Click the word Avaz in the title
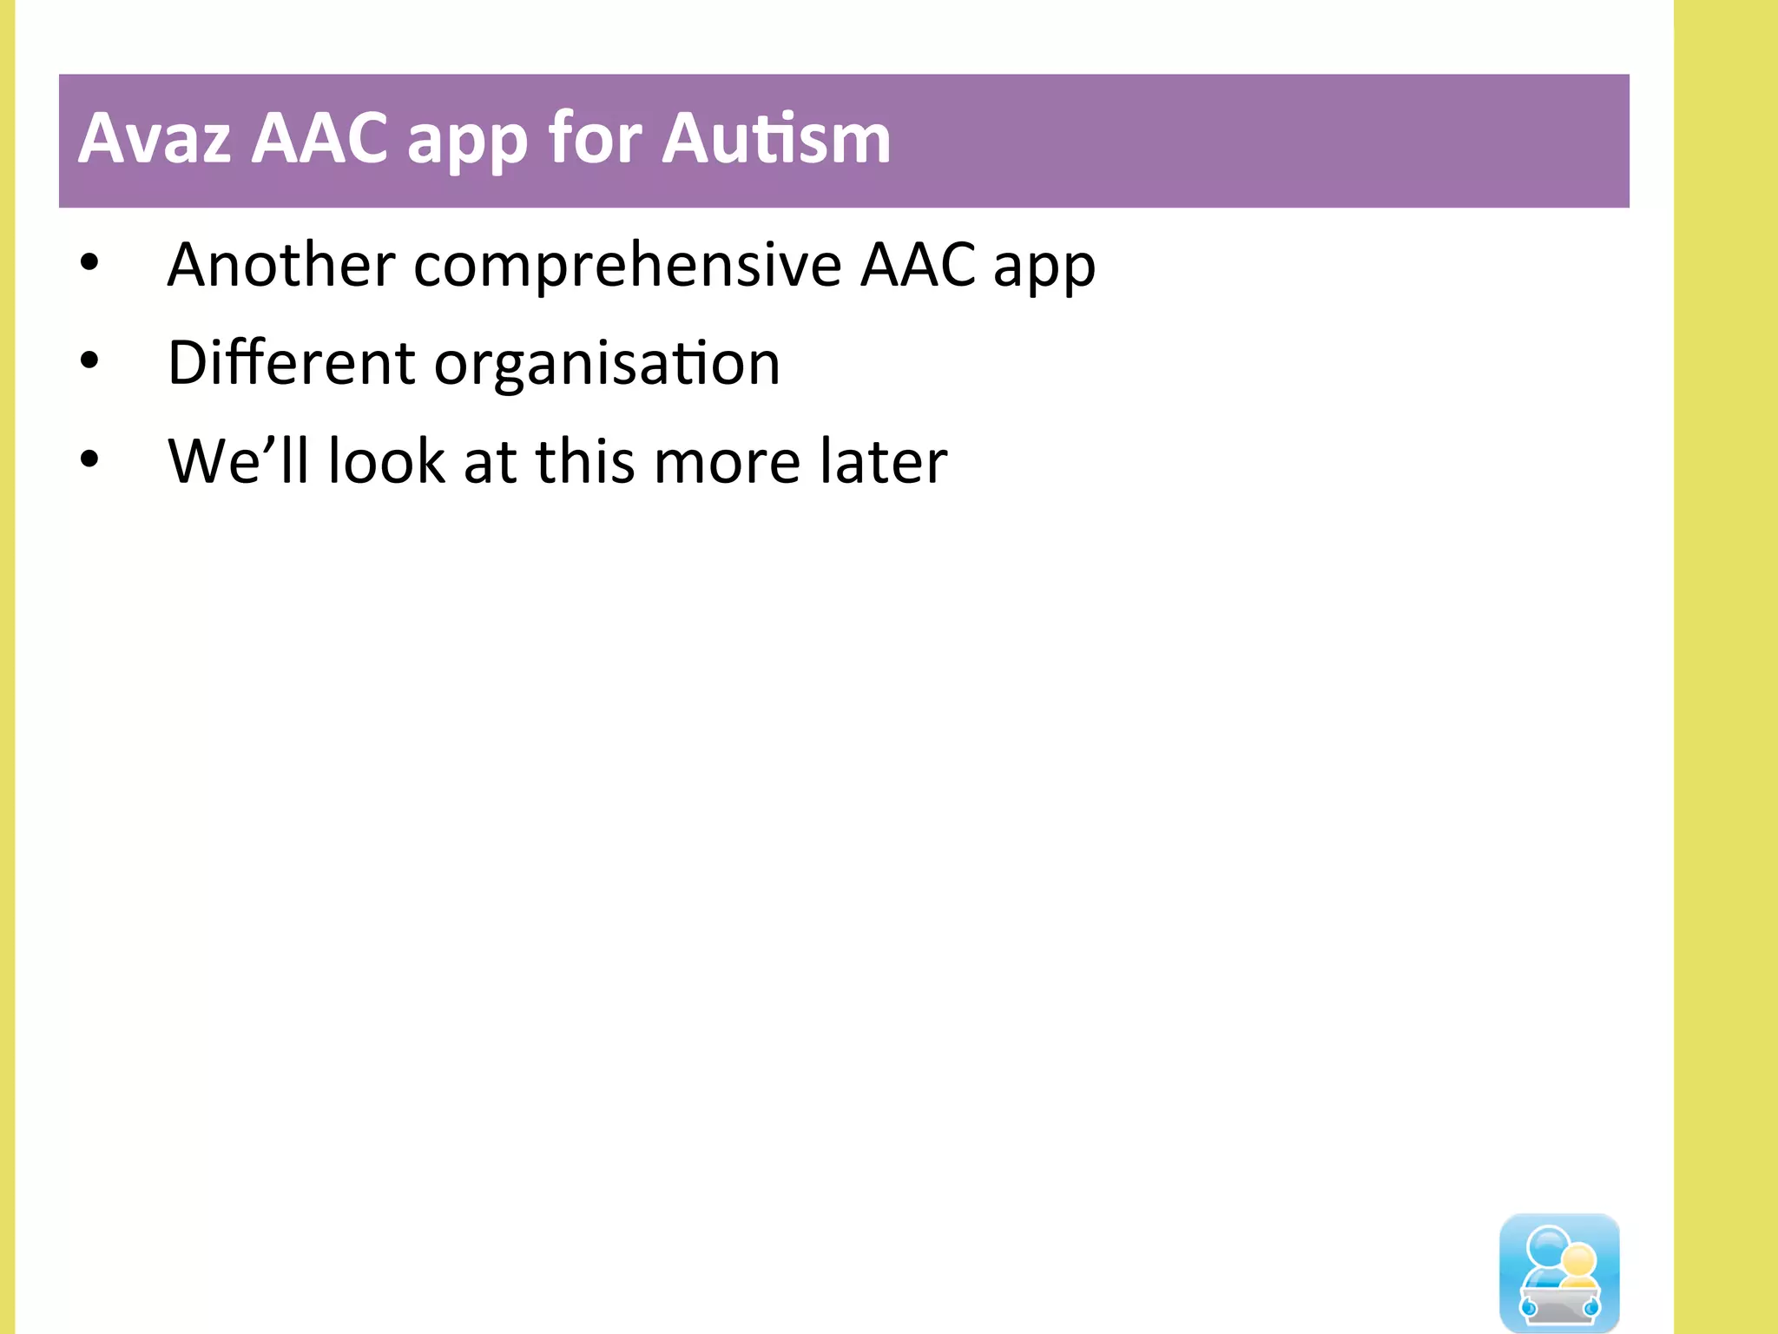155,139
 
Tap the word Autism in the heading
776,139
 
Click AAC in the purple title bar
319,139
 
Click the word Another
281,264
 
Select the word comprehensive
628,266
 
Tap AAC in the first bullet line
919,264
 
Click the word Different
291,363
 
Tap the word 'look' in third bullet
386,461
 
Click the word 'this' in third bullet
585,461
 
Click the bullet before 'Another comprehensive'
89,262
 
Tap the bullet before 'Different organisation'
89,361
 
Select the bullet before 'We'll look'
89,460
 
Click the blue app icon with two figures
1559,1272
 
